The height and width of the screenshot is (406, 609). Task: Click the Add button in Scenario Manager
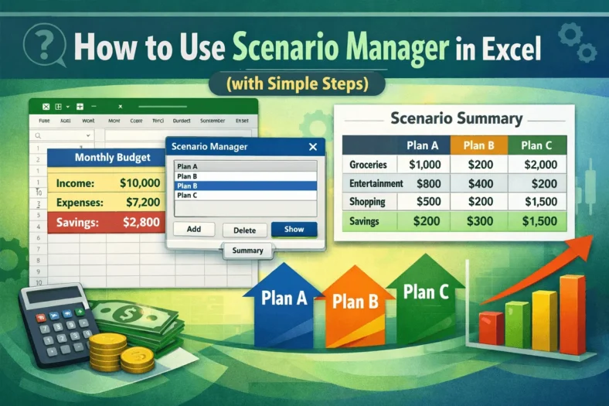coord(194,230)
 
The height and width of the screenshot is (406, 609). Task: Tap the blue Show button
coord(294,229)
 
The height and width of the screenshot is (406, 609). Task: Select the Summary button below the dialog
coord(247,251)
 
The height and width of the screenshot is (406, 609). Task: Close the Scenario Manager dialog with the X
coord(312,146)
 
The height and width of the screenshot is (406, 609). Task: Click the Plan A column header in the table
coord(423,145)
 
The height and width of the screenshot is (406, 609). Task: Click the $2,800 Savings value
coord(141,223)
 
